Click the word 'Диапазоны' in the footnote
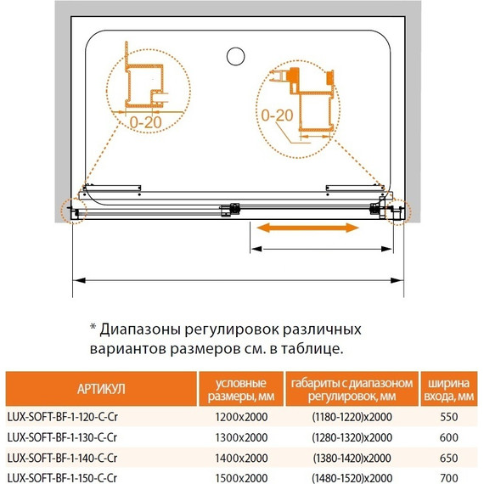(143, 329)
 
